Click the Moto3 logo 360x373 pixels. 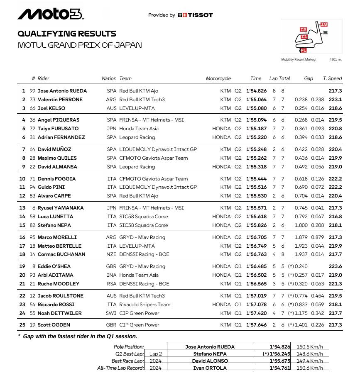[x=51, y=14]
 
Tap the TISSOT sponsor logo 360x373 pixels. [x=195, y=15]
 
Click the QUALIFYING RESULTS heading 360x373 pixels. [x=67, y=34]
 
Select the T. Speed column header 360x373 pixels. [x=332, y=78]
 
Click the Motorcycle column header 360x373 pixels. [x=218, y=78]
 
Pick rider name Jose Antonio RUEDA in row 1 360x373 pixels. [x=62, y=91]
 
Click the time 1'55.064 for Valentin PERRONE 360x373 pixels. [x=256, y=100]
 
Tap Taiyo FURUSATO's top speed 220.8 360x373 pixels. [x=335, y=129]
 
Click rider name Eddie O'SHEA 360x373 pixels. [x=54, y=266]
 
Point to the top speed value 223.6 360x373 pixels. [x=335, y=266]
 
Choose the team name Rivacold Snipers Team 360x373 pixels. [x=145, y=304]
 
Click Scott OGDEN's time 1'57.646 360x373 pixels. [x=256, y=325]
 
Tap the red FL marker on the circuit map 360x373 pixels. [x=304, y=50]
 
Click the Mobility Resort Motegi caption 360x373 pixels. [x=299, y=60]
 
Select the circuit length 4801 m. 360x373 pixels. [x=336, y=60]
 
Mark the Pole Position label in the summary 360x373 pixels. [x=129, y=347]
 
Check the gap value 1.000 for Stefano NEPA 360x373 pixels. [x=301, y=225]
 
